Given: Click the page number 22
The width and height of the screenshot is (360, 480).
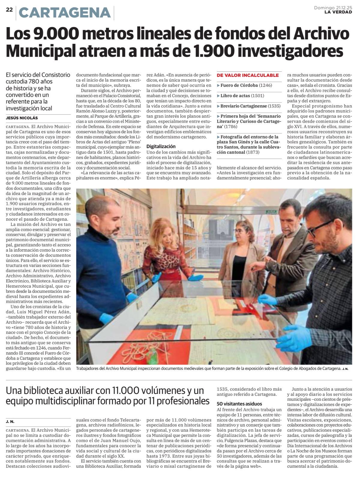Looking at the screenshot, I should (x=9, y=10).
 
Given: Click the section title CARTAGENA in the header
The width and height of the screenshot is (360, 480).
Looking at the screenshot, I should (x=64, y=13).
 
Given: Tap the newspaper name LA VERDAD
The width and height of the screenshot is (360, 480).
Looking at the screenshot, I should (x=338, y=12).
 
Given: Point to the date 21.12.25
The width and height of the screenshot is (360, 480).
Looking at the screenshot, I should (x=344, y=7).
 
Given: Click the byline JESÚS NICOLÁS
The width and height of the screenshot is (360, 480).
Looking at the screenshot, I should (x=22, y=118).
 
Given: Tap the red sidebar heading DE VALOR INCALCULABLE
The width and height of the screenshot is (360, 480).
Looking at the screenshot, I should (x=248, y=75).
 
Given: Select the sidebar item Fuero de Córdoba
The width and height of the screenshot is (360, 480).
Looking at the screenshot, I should (x=239, y=85).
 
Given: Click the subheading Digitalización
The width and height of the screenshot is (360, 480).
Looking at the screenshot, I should (x=161, y=146).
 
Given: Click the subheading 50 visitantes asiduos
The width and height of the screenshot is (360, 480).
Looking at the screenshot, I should (x=239, y=404).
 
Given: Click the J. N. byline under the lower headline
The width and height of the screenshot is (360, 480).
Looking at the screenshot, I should (x=10, y=421).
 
